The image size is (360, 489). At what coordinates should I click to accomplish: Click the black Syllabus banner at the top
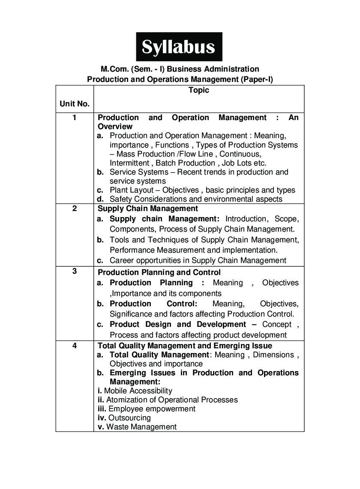(x=179, y=47)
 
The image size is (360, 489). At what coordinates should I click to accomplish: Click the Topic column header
(x=199, y=90)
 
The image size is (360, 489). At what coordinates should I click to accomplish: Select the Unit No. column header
(x=75, y=104)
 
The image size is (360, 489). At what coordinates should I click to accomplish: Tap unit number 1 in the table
(x=75, y=118)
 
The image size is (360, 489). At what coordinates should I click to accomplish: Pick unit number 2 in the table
(x=75, y=209)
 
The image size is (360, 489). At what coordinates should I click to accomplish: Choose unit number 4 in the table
(x=75, y=345)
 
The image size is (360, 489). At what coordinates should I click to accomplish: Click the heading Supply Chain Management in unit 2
(x=148, y=209)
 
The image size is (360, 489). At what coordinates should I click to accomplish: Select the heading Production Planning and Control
(x=159, y=272)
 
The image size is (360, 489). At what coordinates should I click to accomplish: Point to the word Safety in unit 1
(x=120, y=199)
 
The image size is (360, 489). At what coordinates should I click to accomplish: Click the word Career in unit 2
(x=122, y=260)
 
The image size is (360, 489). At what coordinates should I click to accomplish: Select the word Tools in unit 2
(x=119, y=240)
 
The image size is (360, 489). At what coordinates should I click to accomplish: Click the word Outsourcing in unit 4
(x=129, y=418)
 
